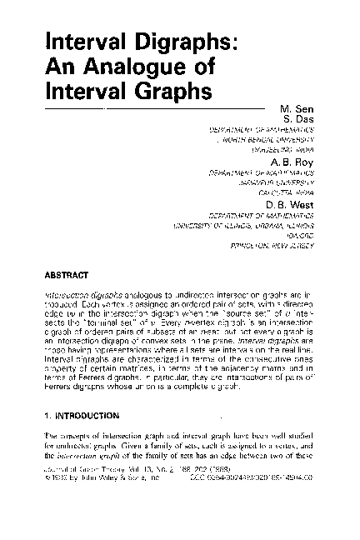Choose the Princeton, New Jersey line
point(272,245)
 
